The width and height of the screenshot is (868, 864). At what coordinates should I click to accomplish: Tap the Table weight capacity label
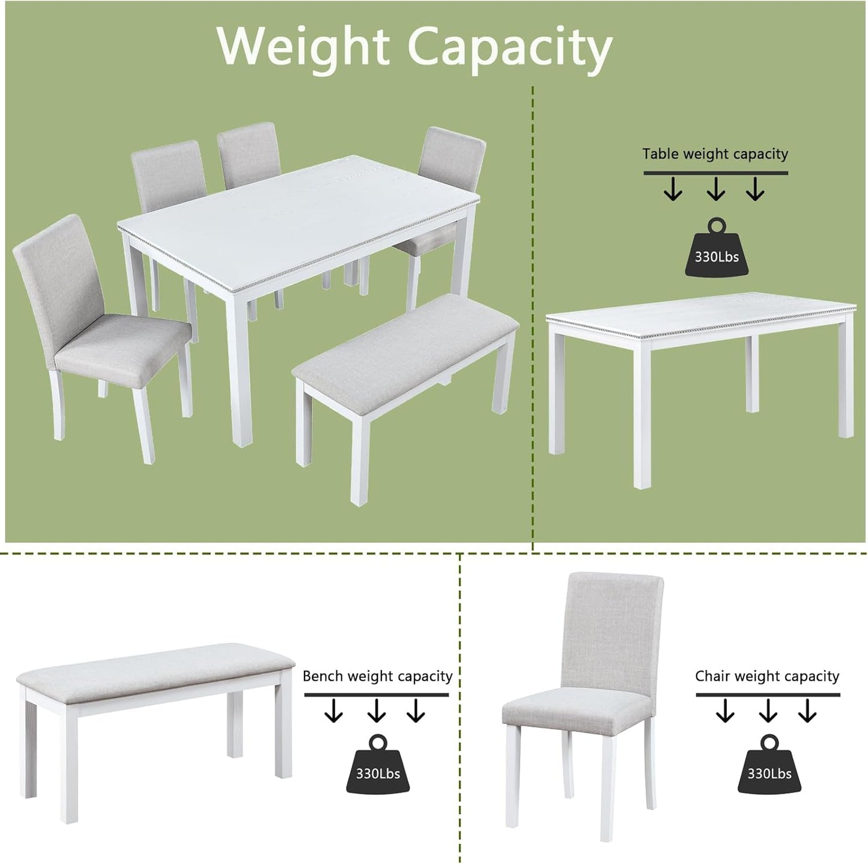[715, 154]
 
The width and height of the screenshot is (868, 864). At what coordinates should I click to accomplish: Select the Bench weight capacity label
[377, 676]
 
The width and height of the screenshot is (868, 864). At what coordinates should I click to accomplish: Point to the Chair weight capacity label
[767, 676]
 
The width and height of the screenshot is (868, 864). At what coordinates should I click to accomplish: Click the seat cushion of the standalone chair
[577, 709]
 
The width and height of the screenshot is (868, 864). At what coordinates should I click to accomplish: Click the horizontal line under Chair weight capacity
[768, 695]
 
